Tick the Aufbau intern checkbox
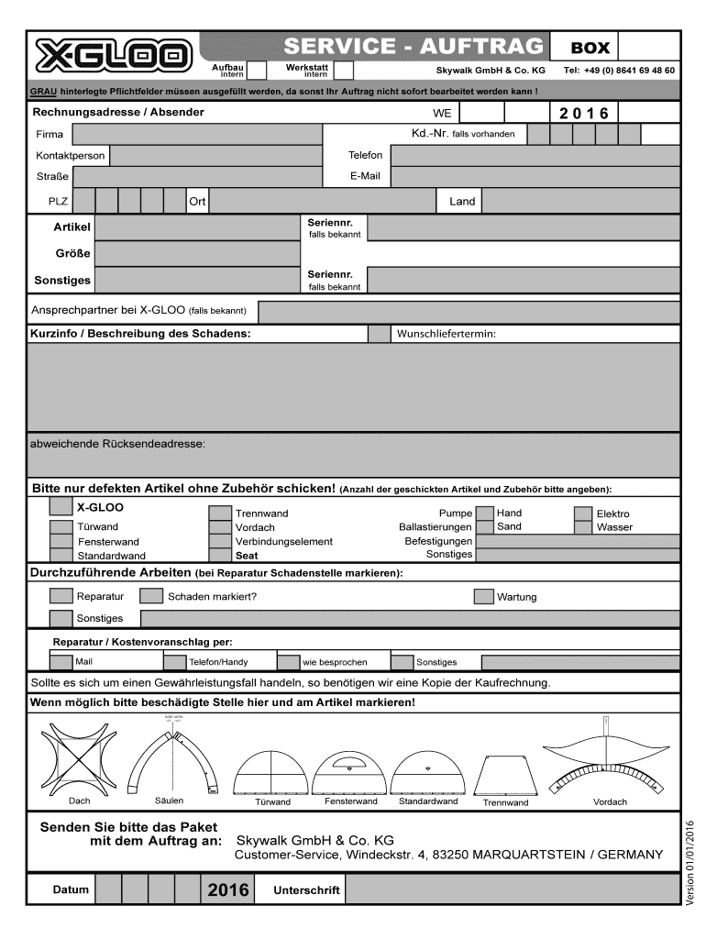click(x=258, y=71)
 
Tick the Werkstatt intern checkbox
click(x=344, y=71)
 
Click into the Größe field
click(x=197, y=252)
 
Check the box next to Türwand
click(x=61, y=527)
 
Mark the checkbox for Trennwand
click(x=220, y=514)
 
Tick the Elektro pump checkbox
click(x=583, y=514)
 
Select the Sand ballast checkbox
click(x=484, y=527)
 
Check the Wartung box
click(x=484, y=597)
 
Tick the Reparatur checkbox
click(x=61, y=597)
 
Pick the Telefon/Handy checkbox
click(x=174, y=662)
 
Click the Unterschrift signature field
click(x=513, y=889)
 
